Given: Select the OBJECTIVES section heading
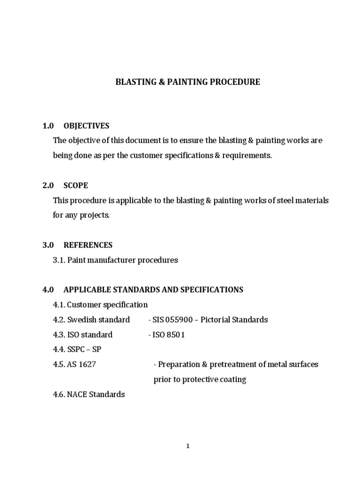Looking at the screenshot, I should click(86, 126).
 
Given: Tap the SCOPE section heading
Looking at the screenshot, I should click(75, 185).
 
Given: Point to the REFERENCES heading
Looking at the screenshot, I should click(88, 245).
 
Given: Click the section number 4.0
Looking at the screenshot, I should click(48, 290).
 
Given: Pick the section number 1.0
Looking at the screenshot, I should click(48, 126).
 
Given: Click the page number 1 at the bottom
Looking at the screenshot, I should click(187, 446).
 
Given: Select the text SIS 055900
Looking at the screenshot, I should click(171, 320).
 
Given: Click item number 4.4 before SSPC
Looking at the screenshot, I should click(59, 350).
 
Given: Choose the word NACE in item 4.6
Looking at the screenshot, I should click(77, 394).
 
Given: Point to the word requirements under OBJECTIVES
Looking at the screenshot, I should click(248, 156).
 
